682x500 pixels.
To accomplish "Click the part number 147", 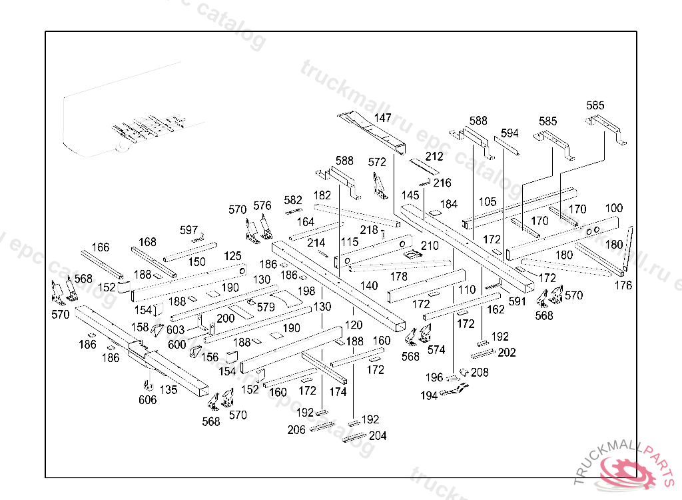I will point(382,118).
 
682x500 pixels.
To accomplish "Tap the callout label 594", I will point(510,133).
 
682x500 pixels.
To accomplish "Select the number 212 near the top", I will point(434,157).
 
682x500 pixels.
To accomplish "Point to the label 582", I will point(293,200).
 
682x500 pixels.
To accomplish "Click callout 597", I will point(189,231).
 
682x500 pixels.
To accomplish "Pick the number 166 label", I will point(101,248).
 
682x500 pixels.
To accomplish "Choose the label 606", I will point(148,400).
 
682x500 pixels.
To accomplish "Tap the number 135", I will point(169,390).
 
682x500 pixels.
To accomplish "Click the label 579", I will point(266,307).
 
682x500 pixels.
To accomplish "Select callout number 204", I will point(377,436).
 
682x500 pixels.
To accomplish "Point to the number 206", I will point(296,430).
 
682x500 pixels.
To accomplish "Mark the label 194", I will point(429,396).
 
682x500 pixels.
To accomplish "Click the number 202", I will point(507,353).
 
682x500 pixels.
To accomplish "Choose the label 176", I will point(623,286).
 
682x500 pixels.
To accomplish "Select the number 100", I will point(614,209).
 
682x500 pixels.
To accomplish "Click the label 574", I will point(436,349).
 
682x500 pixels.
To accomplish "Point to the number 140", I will point(369,286).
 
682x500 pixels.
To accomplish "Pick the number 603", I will point(175,330).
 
